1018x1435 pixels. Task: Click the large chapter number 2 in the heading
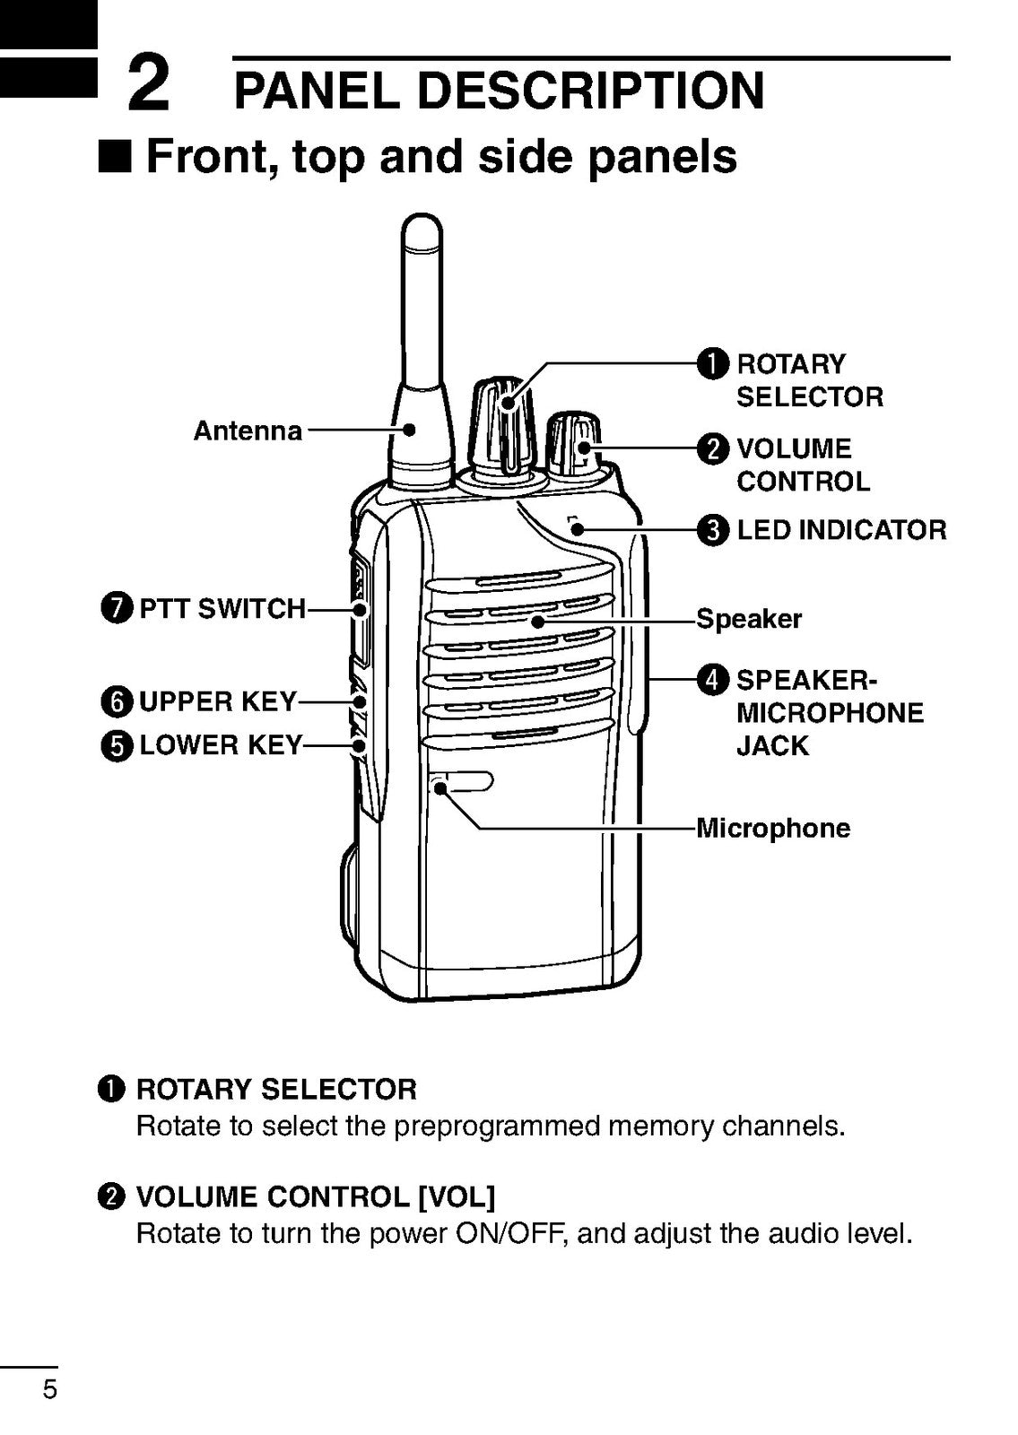pyautogui.click(x=148, y=83)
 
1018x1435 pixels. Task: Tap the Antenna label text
pyautogui.click(x=248, y=431)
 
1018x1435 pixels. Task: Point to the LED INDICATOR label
pyautogui.click(x=840, y=530)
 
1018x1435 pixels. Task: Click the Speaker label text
pyautogui.click(x=749, y=619)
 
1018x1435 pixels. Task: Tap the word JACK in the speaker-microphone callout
pyautogui.click(x=772, y=746)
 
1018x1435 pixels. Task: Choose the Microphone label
pyautogui.click(x=773, y=828)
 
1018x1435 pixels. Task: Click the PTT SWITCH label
pyautogui.click(x=222, y=609)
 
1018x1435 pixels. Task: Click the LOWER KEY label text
pyautogui.click(x=221, y=745)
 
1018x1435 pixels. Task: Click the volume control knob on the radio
pyautogui.click(x=574, y=444)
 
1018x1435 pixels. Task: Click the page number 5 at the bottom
pyautogui.click(x=50, y=1390)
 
